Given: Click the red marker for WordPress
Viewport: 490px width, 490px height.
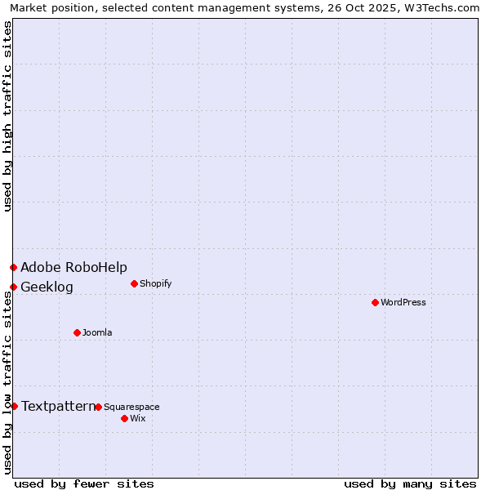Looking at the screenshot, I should pyautogui.click(x=375, y=302).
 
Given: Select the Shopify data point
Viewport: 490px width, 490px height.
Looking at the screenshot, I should pyautogui.click(x=134, y=283).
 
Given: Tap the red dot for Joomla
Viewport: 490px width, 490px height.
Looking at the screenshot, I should pyautogui.click(x=77, y=332).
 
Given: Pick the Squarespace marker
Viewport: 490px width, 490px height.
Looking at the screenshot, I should pyautogui.click(x=98, y=407).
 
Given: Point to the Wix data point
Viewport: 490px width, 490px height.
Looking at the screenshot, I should pyautogui.click(x=124, y=418).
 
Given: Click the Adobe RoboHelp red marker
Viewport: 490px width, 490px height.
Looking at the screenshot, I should pyautogui.click(x=13, y=267).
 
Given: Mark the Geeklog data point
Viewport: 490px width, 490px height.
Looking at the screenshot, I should pyautogui.click(x=13, y=287).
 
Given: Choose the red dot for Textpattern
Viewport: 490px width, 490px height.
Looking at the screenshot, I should pyautogui.click(x=14, y=406).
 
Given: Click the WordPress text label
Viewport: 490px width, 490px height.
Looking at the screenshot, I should pyautogui.click(x=403, y=302).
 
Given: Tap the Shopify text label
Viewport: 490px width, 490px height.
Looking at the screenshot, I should pyautogui.click(x=155, y=283).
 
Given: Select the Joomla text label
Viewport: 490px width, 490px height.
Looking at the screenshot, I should pyautogui.click(x=97, y=332).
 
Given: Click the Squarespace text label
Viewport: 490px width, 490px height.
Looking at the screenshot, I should pyautogui.click(x=131, y=407).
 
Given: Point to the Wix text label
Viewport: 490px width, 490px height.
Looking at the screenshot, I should pyautogui.click(x=137, y=418).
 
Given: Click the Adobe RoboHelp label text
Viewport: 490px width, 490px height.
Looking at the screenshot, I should pyautogui.click(x=73, y=267).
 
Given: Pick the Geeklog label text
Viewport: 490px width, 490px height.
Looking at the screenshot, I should pyautogui.click(x=47, y=287).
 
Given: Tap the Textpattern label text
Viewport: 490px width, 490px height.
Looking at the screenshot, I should pyautogui.click(x=58, y=406).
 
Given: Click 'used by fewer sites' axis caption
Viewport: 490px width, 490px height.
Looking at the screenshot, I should pyautogui.click(x=84, y=483).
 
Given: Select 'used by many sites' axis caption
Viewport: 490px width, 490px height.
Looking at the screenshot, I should pyautogui.click(x=410, y=483).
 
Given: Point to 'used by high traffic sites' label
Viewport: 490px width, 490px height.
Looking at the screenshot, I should pyautogui.click(x=8, y=116).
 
